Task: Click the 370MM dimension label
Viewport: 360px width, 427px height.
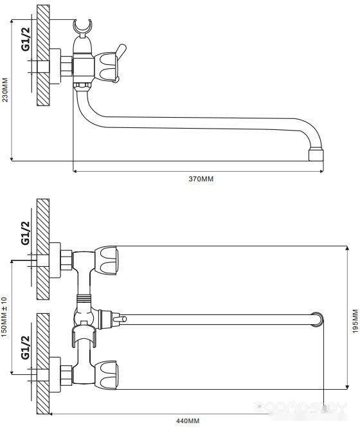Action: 201,179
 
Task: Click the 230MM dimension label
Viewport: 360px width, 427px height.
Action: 5,90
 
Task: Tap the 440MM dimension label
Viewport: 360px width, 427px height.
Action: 188,421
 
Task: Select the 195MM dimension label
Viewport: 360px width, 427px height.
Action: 355,321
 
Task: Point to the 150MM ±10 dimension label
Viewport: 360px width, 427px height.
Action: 4,316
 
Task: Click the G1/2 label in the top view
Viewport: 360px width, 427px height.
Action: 26,39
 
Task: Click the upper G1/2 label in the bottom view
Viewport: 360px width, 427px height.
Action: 25,233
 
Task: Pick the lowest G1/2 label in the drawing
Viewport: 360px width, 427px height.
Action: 25,347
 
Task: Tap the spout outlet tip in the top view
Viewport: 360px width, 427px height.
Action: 316,154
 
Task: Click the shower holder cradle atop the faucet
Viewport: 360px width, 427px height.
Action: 83,26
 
